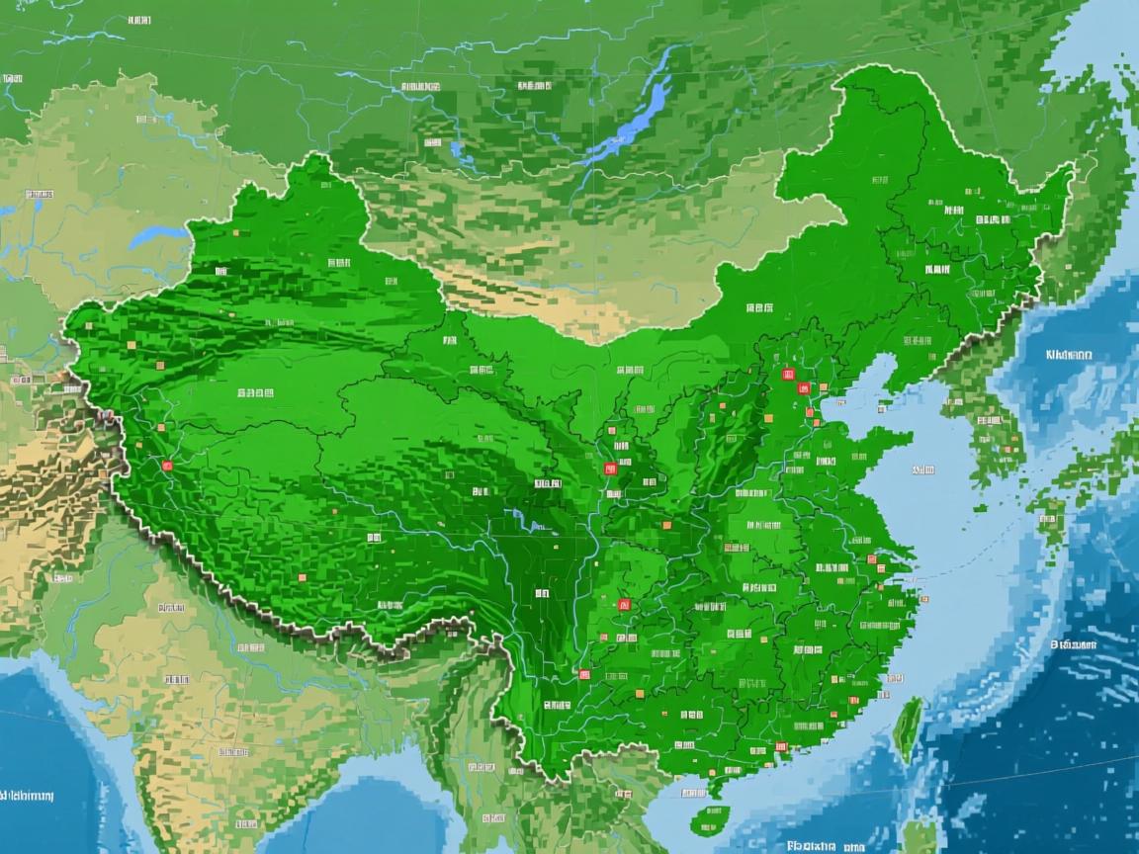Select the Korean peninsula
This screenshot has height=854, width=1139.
pos(979,415)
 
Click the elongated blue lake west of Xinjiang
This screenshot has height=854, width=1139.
pos(158,237)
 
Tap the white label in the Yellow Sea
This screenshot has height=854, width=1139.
pos(923,470)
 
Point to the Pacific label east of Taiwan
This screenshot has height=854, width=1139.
pos(1074,643)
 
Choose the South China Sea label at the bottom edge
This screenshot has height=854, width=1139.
pos(821,846)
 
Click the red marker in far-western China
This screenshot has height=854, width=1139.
pos(166,465)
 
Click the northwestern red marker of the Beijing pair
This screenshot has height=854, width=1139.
pos(788,374)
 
